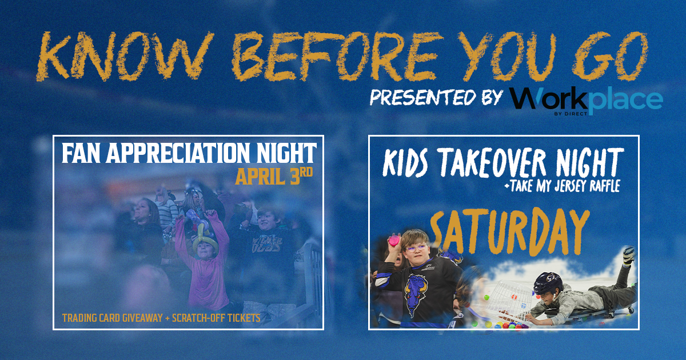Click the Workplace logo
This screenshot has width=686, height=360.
[587, 102]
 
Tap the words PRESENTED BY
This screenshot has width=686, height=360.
[436, 97]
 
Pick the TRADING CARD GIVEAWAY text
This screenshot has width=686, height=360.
[113, 318]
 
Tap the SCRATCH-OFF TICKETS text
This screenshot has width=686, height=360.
[216, 318]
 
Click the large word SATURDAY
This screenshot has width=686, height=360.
[509, 233]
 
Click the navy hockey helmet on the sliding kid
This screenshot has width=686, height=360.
[548, 283]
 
